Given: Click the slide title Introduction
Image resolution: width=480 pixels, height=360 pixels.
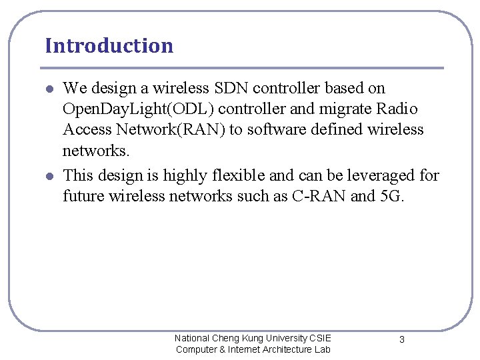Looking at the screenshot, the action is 109,46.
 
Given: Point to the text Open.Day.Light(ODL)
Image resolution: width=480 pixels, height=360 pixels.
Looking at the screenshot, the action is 120,109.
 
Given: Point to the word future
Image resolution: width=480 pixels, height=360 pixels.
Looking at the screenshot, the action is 83,196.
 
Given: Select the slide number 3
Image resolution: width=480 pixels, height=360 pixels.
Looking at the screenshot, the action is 401,339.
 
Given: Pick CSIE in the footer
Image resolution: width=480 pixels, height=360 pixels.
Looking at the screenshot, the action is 319,338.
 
